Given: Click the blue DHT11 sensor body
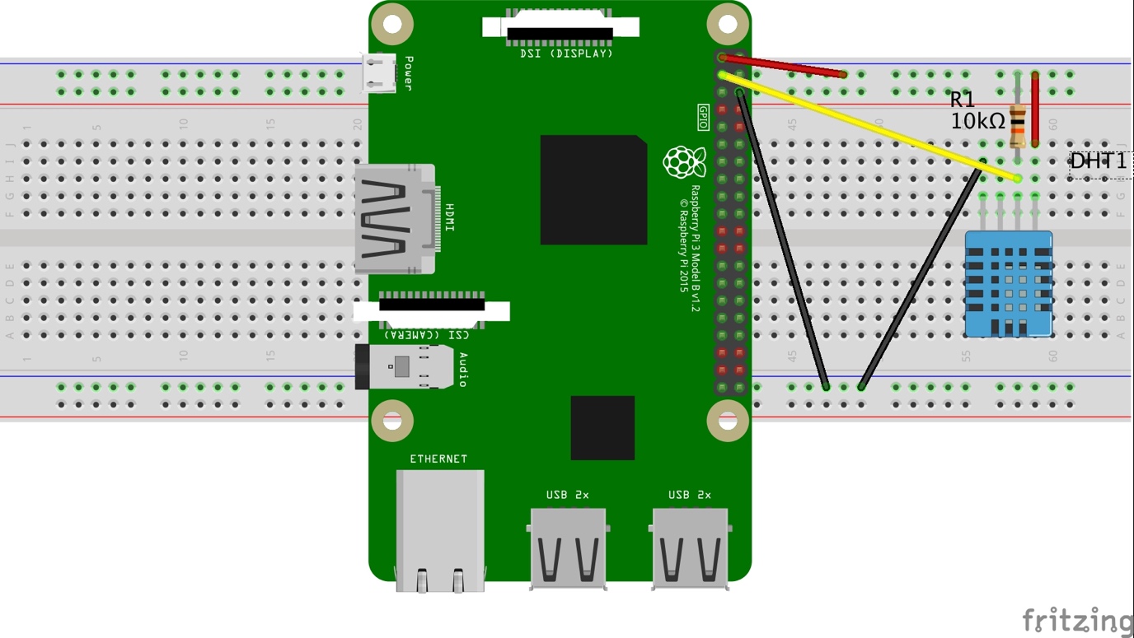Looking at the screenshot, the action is pyautogui.click(x=1009, y=284).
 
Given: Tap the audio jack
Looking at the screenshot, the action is pyautogui.click(x=404, y=366).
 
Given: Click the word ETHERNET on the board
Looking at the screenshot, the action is pyautogui.click(x=438, y=459).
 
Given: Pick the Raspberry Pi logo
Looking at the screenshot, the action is pyautogui.click(x=684, y=162).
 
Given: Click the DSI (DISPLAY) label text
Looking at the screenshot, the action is pyautogui.click(x=567, y=54).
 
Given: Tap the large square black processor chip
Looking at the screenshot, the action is pyautogui.click(x=593, y=189).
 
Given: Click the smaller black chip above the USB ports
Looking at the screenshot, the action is pyautogui.click(x=602, y=427).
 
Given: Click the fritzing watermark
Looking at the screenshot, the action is pyautogui.click(x=1077, y=620).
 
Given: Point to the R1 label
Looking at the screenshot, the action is pyautogui.click(x=962, y=100).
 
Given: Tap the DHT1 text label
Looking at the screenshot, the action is pyautogui.click(x=1098, y=162).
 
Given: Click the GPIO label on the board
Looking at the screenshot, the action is pyautogui.click(x=703, y=117).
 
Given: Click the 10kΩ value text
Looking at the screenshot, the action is pyautogui.click(x=977, y=122).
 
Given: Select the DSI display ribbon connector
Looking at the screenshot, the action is pyautogui.click(x=560, y=28).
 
